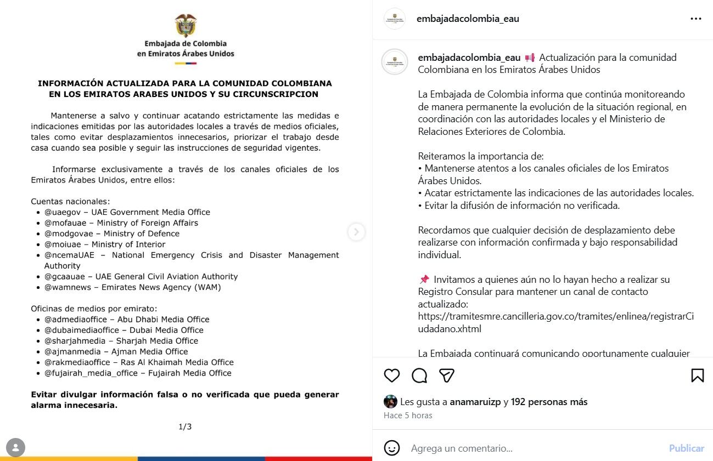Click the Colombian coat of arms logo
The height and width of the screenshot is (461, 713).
point(186,25)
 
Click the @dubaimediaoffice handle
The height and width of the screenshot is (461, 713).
point(81,330)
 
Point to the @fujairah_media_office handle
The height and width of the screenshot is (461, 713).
point(91,373)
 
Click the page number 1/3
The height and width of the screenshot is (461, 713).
point(185,426)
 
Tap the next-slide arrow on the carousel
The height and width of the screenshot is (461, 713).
point(356,232)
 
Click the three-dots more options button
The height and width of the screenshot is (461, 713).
point(695,19)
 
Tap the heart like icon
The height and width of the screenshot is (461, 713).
point(391,375)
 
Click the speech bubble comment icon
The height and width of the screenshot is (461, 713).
point(419,375)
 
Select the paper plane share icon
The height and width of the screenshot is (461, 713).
point(447,375)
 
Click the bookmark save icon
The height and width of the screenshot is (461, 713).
point(697,375)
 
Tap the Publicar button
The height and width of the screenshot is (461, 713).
point(686,448)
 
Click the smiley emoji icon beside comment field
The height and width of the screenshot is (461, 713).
point(391,448)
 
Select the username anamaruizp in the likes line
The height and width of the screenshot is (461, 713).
point(475,402)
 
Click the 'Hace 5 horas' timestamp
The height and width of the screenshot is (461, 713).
point(408,416)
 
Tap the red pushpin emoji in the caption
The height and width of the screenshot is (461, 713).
point(424,280)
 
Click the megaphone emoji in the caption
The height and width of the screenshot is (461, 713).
point(530,58)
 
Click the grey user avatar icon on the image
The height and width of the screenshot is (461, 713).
point(15,447)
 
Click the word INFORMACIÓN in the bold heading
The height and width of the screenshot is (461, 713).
point(70,83)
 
